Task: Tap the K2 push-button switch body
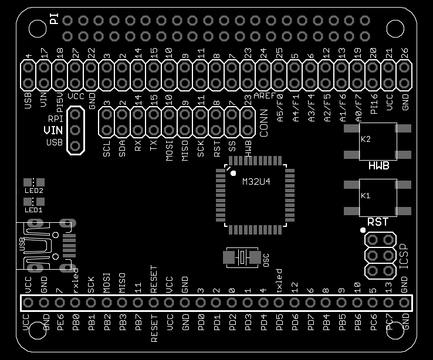point(377,141)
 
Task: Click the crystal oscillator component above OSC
point(242,257)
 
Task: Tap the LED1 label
point(33,209)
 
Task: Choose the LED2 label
point(33,191)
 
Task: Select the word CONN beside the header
point(264,123)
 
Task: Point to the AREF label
point(265,94)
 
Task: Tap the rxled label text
point(75,277)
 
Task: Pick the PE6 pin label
point(59,324)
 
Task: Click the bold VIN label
point(53,130)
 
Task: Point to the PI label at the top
point(54,21)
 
